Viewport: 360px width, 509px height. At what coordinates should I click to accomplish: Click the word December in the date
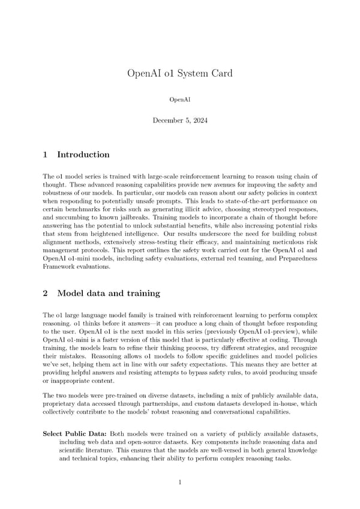169,121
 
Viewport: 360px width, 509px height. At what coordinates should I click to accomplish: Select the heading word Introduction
83,155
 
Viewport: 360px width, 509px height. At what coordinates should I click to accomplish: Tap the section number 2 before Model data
46,294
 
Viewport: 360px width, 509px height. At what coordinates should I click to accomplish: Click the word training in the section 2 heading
142,294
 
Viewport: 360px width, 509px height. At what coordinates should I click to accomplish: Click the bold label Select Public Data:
76,433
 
